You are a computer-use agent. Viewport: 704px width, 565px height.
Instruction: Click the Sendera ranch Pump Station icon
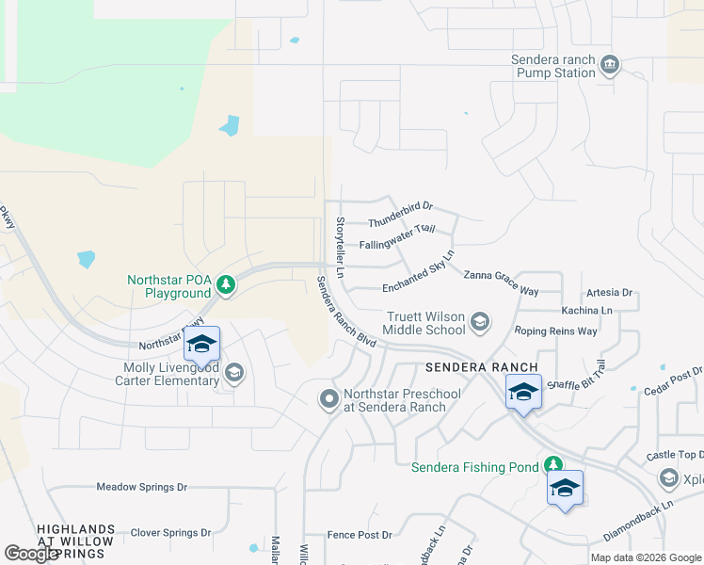[x=610, y=64]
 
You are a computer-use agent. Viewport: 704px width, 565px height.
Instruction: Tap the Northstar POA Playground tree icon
[x=225, y=283]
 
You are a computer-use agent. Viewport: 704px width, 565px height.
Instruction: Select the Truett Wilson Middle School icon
[x=480, y=323]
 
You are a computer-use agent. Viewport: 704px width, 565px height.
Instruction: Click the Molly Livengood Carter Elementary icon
[x=234, y=375]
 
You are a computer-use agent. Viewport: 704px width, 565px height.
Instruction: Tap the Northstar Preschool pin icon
[x=328, y=400]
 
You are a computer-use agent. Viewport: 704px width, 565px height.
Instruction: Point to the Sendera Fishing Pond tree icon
[x=553, y=466]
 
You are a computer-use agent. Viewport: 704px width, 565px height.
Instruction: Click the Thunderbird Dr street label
[x=400, y=214]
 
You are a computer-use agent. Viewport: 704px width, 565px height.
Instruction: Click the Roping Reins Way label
[x=556, y=331]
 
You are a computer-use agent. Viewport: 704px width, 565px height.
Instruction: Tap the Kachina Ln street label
[x=586, y=310]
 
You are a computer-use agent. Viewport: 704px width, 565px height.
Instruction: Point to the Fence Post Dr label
[x=360, y=535]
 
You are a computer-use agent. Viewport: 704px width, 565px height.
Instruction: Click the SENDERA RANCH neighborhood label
[x=481, y=366]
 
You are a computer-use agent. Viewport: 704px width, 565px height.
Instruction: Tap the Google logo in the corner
[x=31, y=554]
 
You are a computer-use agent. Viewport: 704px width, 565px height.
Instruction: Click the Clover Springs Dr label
[x=170, y=532]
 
